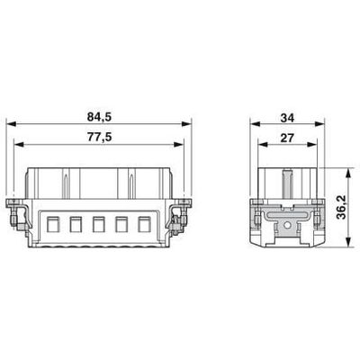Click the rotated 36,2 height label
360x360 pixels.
click(x=339, y=208)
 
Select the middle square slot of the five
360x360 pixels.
click(x=98, y=222)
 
